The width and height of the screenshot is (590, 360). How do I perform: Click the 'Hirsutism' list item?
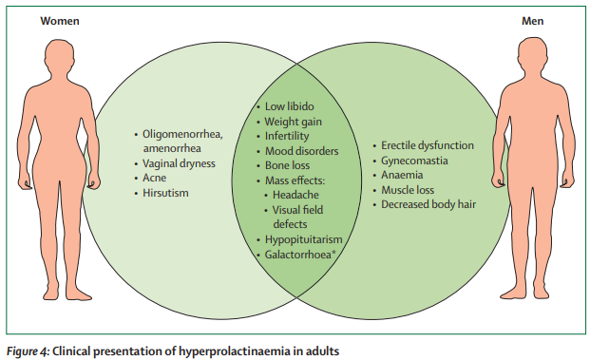pyautogui.click(x=166, y=193)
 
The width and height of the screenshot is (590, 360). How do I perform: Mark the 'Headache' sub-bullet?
pyautogui.click(x=297, y=195)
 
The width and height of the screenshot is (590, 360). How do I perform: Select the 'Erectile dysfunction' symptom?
pyautogui.click(x=427, y=145)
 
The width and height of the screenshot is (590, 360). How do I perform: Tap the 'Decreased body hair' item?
pyautogui.click(x=428, y=204)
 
